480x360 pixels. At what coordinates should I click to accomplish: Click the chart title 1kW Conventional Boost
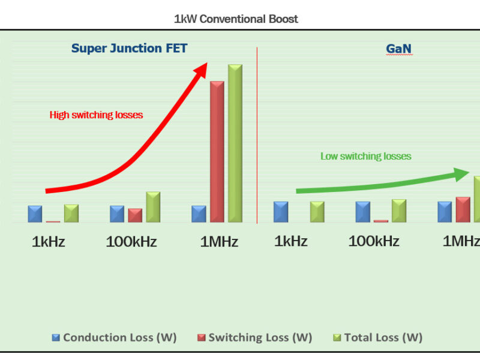point(236,19)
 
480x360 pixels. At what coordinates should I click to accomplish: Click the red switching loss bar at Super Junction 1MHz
point(217,151)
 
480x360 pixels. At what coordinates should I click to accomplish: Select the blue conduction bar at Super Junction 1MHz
point(199,214)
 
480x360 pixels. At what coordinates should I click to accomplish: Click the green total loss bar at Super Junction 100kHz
point(153,207)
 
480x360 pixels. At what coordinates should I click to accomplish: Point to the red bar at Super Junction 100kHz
point(135,215)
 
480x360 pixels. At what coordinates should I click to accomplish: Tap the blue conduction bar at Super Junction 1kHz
point(35,214)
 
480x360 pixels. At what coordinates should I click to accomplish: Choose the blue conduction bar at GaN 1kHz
point(281,212)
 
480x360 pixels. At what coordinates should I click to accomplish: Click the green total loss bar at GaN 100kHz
point(399,211)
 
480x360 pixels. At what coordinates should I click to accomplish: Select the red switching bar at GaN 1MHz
point(463,209)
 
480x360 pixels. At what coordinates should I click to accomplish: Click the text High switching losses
point(96,115)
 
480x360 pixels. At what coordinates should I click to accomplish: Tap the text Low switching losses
point(365,156)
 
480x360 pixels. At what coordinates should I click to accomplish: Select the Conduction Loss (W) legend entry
point(114,337)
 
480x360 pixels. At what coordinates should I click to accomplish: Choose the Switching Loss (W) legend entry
point(254,337)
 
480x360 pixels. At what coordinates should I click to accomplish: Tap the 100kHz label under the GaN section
point(374,241)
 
